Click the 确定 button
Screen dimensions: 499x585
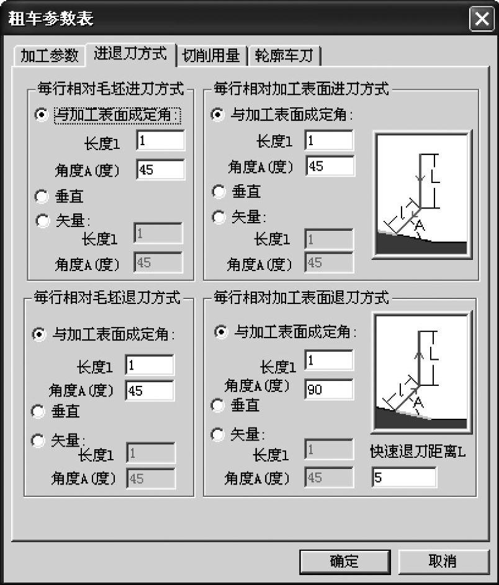345,561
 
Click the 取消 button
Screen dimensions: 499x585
443,561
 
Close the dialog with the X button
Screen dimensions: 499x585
482,18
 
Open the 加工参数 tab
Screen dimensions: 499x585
49,56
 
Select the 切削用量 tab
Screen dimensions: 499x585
211,56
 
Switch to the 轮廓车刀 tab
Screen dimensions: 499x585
284,56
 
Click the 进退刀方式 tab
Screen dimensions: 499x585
130,54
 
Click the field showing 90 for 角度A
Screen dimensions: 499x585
329,390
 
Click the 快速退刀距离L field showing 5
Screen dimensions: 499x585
404,477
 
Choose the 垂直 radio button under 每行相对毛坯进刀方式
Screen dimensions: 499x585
42,197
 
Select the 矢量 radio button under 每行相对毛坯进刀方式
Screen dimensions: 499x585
42,220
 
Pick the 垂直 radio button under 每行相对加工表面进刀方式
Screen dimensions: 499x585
218,192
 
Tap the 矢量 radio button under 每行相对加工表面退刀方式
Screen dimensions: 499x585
218,434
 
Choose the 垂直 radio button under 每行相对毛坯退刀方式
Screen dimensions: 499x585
38,411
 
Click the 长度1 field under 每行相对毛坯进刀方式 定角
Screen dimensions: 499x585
161,141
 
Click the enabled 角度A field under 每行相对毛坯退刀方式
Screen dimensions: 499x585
150,391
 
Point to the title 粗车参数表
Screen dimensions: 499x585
51,18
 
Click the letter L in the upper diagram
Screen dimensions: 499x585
435,176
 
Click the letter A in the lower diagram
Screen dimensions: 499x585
419,403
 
